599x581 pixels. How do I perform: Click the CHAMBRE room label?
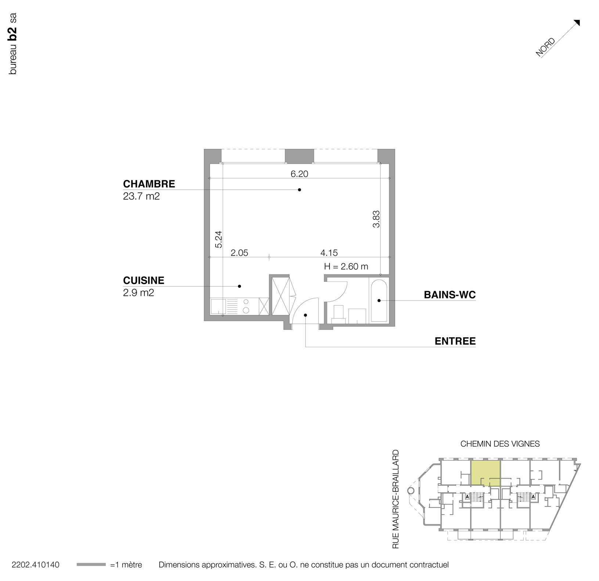tap(149, 184)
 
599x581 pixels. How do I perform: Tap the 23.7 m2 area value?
tap(141, 196)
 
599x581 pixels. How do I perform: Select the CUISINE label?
tap(144, 280)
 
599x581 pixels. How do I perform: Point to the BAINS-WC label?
tap(450, 295)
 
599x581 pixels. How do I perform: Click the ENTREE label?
tap(455, 341)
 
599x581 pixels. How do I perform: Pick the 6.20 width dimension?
tap(299, 174)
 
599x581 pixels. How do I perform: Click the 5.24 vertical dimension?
tap(219, 239)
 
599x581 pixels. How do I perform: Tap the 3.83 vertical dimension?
tap(376, 219)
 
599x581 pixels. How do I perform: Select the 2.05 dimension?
tap(239, 253)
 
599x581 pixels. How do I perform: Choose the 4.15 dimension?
tap(329, 253)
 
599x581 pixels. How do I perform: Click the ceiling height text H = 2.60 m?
tap(346, 266)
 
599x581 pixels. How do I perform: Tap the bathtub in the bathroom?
tap(379, 301)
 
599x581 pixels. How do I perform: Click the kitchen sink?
tap(218, 306)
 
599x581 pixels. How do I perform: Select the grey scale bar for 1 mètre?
tap(91, 564)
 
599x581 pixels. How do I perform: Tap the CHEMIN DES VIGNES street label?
tap(500, 444)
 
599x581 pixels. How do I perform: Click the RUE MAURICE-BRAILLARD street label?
tap(396, 500)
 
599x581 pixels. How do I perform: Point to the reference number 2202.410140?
tap(36, 565)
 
